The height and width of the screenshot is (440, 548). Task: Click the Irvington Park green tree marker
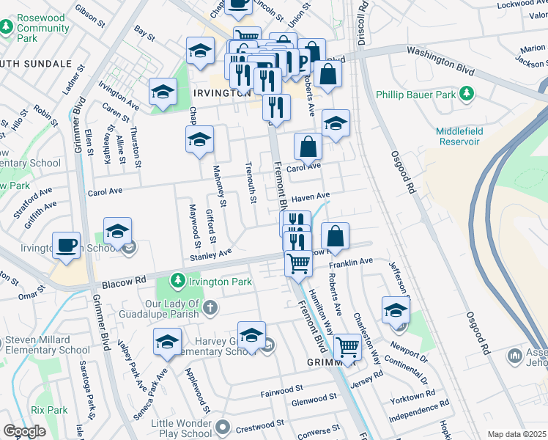(177, 281)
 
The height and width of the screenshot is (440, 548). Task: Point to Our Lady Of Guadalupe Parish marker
(210, 306)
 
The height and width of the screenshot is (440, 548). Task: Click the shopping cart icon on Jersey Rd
(347, 347)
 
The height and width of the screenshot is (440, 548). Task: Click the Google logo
(24, 431)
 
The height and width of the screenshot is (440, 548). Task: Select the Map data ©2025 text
(516, 434)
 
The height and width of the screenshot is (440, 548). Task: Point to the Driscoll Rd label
(360, 22)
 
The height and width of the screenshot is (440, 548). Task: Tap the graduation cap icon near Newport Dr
(396, 309)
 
